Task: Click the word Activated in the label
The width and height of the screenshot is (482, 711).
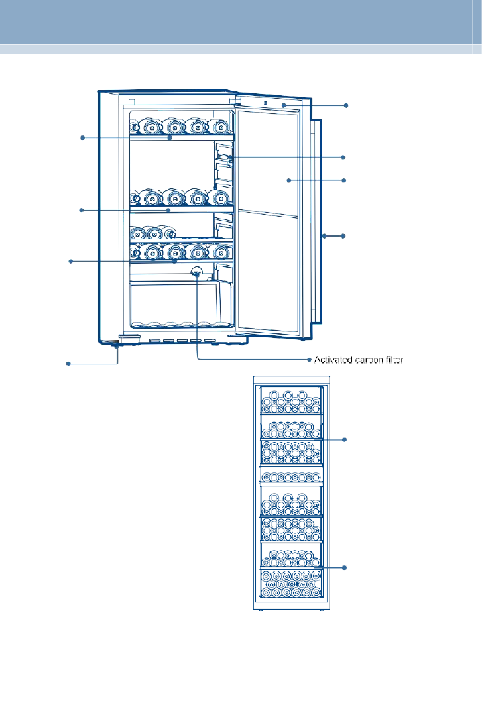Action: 333,360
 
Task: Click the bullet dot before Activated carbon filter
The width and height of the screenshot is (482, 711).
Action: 310,360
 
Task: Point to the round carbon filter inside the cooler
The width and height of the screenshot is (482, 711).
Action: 197,272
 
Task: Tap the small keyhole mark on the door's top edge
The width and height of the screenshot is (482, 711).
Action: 265,103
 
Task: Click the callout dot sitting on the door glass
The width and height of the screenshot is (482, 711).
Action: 288,180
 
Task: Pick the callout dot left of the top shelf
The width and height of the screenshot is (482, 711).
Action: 82,138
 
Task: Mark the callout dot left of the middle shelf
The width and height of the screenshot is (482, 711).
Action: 82,210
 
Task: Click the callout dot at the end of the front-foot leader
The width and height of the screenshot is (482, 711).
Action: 68,364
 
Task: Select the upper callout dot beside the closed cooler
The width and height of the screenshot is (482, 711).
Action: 345,439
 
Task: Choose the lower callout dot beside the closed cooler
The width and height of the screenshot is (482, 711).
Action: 345,567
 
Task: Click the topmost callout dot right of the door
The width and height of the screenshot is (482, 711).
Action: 346,105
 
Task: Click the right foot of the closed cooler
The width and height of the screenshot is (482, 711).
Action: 322,610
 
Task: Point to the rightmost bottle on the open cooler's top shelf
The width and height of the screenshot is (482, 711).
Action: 221,127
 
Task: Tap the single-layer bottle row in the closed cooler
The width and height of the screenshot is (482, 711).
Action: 292,477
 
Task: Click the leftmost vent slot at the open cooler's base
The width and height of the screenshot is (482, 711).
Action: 156,341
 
